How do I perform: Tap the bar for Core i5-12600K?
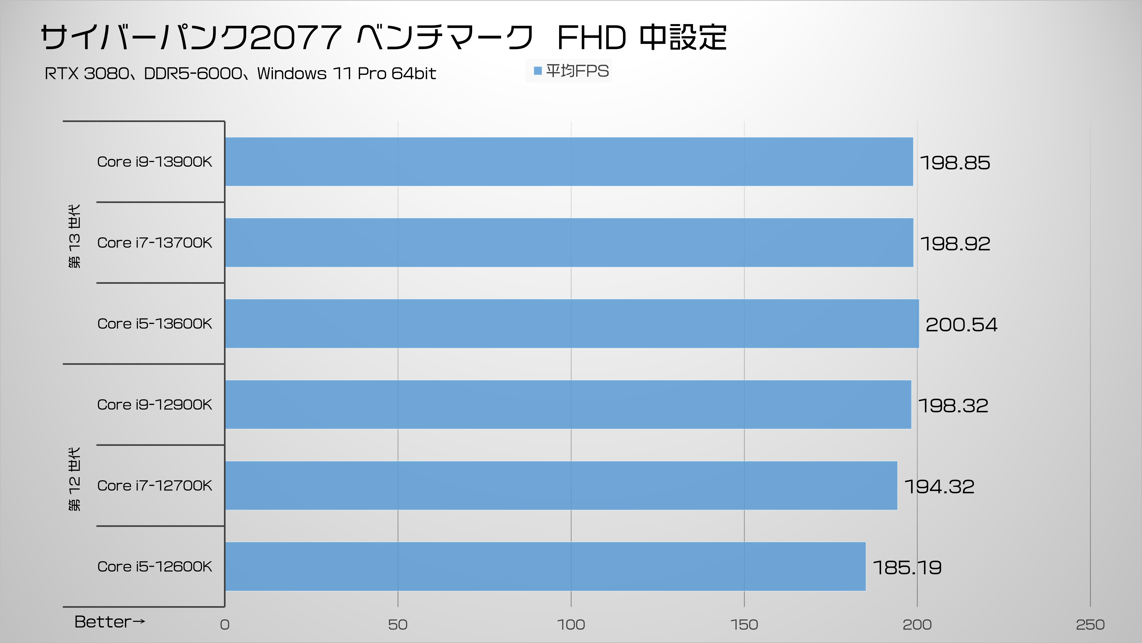pyautogui.click(x=545, y=566)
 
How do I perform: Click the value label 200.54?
pyautogui.click(x=961, y=325)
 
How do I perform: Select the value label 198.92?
pyautogui.click(x=955, y=244)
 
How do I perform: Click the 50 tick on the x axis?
pyautogui.click(x=398, y=624)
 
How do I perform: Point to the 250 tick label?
pyautogui.click(x=1090, y=624)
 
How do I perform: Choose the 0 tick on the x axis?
pyautogui.click(x=225, y=624)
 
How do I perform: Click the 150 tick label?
pyautogui.click(x=744, y=624)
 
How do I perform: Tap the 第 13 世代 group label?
pyautogui.click(x=75, y=236)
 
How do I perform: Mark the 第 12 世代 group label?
pyautogui.click(x=75, y=479)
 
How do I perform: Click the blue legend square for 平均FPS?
pyautogui.click(x=538, y=71)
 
